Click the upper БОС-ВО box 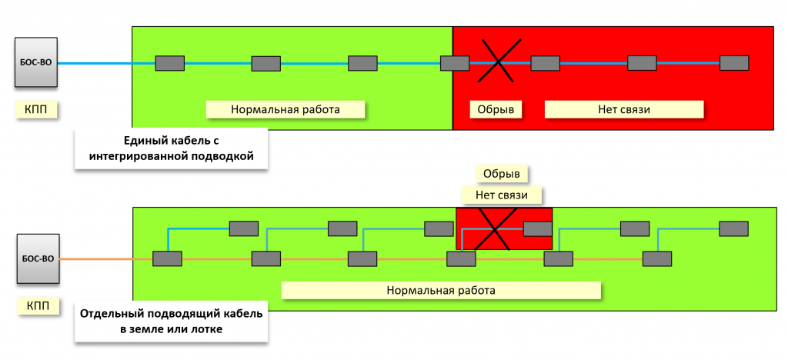(x=36, y=63)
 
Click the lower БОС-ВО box (x=36, y=259)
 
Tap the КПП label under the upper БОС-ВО (x=36, y=109)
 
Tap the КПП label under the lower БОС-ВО (x=36, y=307)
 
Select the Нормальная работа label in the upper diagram (x=285, y=109)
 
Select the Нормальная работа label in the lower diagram (x=440, y=291)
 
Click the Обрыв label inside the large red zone (x=496, y=109)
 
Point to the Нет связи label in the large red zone (x=624, y=109)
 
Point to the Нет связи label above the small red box (x=500, y=195)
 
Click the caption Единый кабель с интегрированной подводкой (x=171, y=149)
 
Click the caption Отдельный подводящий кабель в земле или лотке (x=171, y=322)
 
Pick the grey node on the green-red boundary (x=454, y=63)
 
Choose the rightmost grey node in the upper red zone (x=734, y=63)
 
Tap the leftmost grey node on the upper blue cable (x=169, y=63)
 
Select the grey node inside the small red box (x=537, y=228)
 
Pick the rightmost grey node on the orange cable (x=659, y=259)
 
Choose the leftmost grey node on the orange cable (x=166, y=259)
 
